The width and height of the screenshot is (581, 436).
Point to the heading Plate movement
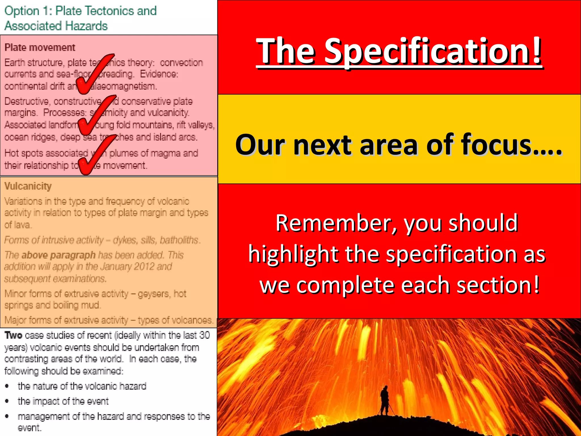pos(40,47)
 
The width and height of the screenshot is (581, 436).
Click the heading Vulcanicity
pos(28,186)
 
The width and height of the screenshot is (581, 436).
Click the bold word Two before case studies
pos(13,335)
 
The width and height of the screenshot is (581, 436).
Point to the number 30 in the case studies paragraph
pos(204,335)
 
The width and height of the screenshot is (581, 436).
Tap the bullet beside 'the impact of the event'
pos(7,401)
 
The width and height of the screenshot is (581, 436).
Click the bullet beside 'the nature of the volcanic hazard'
pos(7,386)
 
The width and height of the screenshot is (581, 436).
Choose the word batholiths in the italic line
pos(180,240)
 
